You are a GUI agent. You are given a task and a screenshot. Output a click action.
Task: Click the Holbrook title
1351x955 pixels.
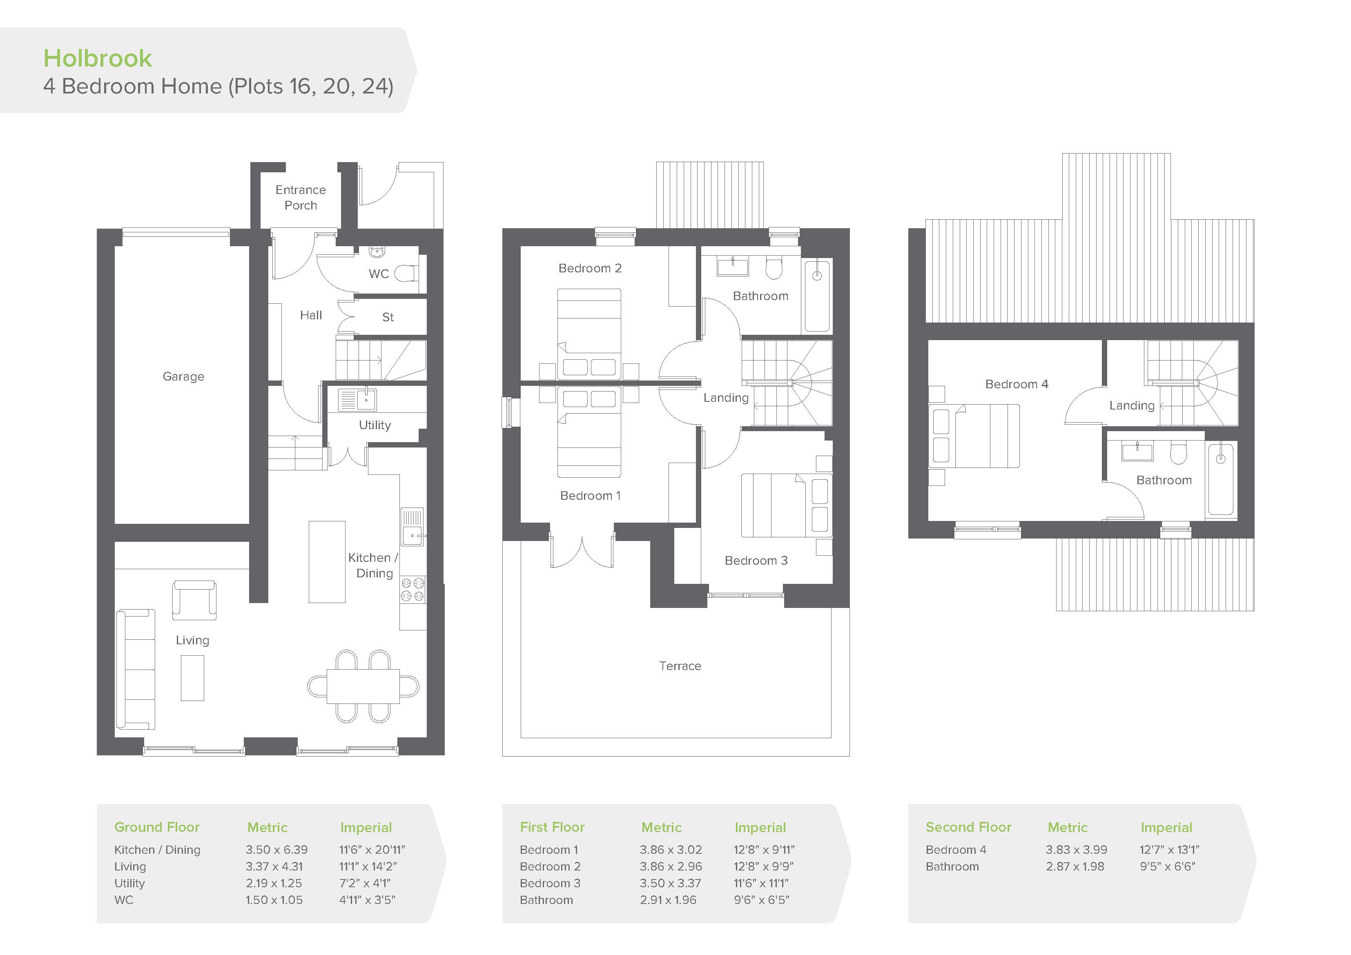(98, 58)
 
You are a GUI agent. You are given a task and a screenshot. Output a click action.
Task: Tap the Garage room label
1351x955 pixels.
(184, 376)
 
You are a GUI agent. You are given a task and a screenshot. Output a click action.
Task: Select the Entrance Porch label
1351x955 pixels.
(301, 197)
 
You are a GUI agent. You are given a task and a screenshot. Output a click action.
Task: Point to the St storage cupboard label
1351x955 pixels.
(388, 317)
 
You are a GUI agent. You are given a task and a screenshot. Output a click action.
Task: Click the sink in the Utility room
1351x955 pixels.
(357, 400)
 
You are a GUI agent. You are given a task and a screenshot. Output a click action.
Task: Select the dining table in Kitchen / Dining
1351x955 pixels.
(363, 686)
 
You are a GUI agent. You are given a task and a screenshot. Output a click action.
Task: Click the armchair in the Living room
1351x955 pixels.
(194, 600)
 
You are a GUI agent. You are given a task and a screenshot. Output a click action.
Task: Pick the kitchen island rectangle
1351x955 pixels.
(327, 562)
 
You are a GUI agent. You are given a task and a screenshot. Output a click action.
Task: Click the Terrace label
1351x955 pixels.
(680, 666)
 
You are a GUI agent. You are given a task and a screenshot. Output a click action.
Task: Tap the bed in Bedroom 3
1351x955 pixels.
(786, 505)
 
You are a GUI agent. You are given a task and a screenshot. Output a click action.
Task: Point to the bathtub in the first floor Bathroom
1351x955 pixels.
(817, 296)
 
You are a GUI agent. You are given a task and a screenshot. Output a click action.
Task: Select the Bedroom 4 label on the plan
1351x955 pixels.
(1017, 384)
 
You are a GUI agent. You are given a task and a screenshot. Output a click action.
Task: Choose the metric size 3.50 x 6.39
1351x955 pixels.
(276, 850)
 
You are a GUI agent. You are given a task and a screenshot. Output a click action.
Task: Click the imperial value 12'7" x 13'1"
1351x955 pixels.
(1169, 850)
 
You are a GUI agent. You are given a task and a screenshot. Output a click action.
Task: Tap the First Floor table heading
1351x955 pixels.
(552, 827)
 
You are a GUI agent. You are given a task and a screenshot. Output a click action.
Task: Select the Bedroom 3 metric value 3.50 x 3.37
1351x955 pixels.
(671, 883)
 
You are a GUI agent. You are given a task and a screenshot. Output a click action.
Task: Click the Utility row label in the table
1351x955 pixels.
(129, 883)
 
